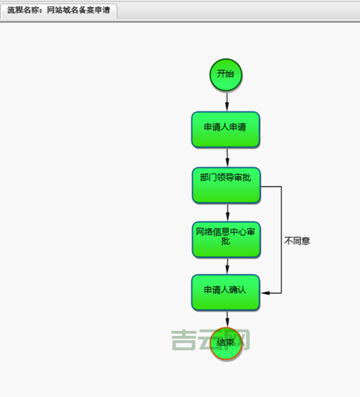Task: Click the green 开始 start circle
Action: [x=226, y=74]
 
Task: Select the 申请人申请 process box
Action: [x=225, y=129]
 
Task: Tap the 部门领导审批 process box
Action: [x=225, y=186]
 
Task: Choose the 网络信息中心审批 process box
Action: [x=225, y=239]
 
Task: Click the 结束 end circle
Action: [x=226, y=343]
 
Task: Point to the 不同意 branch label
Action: [x=297, y=241]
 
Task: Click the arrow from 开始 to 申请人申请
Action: [x=226, y=101]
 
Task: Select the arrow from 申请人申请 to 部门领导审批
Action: [x=226, y=158]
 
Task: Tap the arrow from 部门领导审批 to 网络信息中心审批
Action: [x=226, y=212]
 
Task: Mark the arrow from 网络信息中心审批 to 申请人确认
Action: [x=226, y=266]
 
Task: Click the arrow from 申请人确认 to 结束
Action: [x=226, y=319]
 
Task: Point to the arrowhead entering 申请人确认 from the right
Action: [x=264, y=293]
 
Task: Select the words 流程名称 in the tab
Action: [x=22, y=12]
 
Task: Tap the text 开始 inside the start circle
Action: [x=226, y=73]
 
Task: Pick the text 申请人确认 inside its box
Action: [x=225, y=290]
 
